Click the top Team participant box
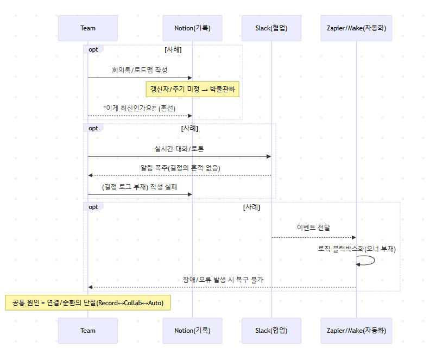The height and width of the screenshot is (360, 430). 88,28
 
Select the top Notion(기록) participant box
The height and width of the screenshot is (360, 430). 192,28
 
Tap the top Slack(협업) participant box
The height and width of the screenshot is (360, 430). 271,28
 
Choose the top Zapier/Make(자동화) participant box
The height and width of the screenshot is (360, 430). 357,28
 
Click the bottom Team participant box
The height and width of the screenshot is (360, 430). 88,331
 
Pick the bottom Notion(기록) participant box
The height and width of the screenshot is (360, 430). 192,331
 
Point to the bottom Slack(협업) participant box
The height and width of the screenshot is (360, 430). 271,331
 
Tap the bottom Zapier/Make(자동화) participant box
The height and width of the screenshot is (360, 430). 357,331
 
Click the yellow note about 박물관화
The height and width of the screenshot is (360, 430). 192,89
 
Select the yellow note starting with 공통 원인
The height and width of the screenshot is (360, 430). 88,302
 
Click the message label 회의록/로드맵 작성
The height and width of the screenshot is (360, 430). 140,71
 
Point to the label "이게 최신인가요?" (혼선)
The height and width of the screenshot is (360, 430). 140,108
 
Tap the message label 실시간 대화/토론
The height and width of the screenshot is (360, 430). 179,149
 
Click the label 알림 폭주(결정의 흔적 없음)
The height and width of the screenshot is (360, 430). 179,168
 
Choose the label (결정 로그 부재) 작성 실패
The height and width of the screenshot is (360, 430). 140,187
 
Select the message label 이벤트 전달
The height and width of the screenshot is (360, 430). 314,228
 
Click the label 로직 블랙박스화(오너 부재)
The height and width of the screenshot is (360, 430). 357,249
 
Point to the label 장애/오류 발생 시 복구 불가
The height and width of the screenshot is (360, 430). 223,280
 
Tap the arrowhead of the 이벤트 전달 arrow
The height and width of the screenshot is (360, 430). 353,237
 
